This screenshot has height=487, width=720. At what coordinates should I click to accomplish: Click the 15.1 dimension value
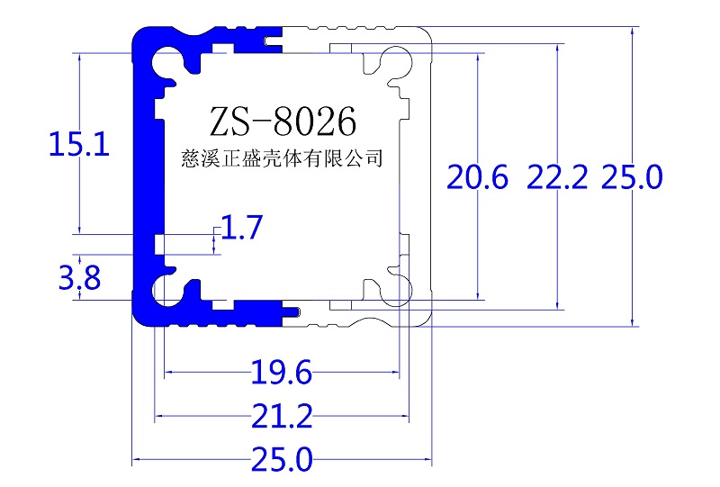pos(78,144)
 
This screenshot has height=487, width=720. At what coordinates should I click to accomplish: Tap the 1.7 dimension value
pos(241,229)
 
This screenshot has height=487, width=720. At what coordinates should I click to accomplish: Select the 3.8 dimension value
pos(78,279)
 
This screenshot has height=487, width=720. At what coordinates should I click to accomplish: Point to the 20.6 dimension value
pos(479,177)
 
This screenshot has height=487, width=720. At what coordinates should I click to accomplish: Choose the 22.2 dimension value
pos(557,177)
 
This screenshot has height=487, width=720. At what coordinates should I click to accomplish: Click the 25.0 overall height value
pos(632,177)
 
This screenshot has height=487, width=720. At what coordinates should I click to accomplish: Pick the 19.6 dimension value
pos(281,372)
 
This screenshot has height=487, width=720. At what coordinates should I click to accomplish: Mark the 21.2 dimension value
pos(282,417)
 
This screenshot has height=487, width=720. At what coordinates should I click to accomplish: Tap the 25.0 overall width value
pos(282,462)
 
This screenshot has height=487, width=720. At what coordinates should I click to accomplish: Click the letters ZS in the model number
pos(229,120)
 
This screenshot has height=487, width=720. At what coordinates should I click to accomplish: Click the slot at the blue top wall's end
pos(272,41)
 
